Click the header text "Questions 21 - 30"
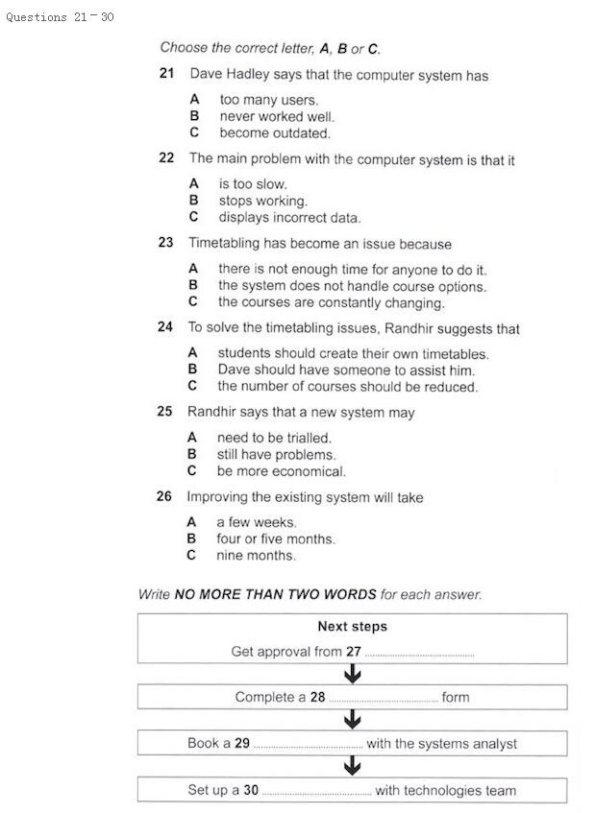coord(60,17)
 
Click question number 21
coord(166,74)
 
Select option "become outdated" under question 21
coord(274,133)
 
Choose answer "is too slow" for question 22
coord(252,183)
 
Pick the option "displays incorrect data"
coord(288,218)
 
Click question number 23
coord(165,243)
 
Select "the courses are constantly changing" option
coord(330,302)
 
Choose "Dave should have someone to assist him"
coord(345,370)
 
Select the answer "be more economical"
coord(280,471)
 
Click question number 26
coord(163,497)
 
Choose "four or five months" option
coord(275,538)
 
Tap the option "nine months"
coord(255,556)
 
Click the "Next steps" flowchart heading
coord(352,627)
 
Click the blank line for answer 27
coord(419,654)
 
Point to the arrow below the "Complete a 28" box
coord(352,719)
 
